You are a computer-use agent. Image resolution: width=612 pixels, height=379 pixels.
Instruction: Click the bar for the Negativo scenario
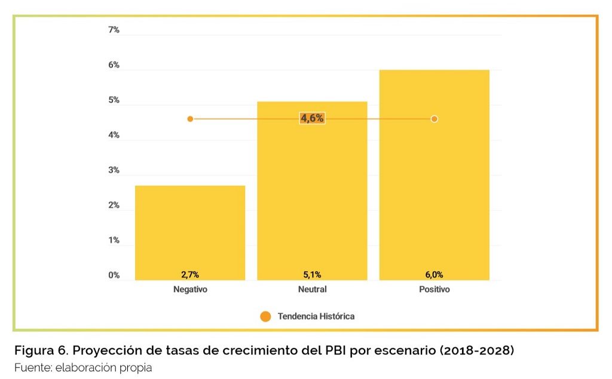(190, 233)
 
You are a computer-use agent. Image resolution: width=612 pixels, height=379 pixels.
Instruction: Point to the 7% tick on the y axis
(114, 30)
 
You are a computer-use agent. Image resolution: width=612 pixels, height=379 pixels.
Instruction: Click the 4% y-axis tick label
(114, 135)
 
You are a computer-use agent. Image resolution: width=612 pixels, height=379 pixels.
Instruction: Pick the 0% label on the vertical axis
(114, 276)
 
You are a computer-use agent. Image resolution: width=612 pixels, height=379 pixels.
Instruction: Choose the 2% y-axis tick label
(114, 206)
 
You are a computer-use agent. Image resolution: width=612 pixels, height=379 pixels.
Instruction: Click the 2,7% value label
(190, 274)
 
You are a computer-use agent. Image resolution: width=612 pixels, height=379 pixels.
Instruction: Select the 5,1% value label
(312, 274)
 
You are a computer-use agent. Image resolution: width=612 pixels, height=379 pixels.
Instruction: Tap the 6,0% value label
(434, 274)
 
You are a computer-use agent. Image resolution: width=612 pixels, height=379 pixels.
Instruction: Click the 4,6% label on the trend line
(312, 118)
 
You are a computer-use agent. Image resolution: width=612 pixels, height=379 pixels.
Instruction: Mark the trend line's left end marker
(190, 119)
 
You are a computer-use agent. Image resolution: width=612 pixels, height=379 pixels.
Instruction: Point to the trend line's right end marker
(434, 119)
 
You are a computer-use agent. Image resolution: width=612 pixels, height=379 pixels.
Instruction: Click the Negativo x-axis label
(190, 289)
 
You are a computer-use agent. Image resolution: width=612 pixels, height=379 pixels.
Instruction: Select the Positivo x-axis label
(434, 289)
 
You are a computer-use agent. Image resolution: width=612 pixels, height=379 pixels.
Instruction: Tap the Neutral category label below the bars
(312, 289)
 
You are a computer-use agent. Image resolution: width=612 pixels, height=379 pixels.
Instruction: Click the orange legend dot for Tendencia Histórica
(266, 316)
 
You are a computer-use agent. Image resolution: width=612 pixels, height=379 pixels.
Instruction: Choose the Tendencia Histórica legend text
(316, 316)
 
